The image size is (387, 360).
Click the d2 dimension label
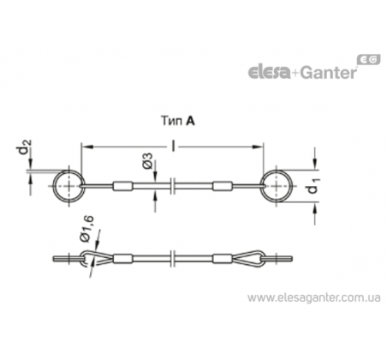click(x=25, y=147)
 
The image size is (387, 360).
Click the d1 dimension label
click(x=314, y=186)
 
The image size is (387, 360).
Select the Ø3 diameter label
click(x=147, y=160)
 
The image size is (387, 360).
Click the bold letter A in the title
click(x=190, y=121)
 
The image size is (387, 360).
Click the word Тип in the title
click(x=172, y=121)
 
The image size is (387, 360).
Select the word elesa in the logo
click(x=269, y=72)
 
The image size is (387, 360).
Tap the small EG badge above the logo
click(x=369, y=59)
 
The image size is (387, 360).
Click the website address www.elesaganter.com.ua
click(x=314, y=297)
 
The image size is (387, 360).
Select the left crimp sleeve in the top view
click(x=123, y=186)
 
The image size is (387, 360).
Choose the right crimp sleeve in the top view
click(x=222, y=186)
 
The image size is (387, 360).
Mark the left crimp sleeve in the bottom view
click(x=123, y=259)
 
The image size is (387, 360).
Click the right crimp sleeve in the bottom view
click(x=222, y=259)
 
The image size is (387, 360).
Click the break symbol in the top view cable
click(x=173, y=186)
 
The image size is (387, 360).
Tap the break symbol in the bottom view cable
click(x=173, y=259)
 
